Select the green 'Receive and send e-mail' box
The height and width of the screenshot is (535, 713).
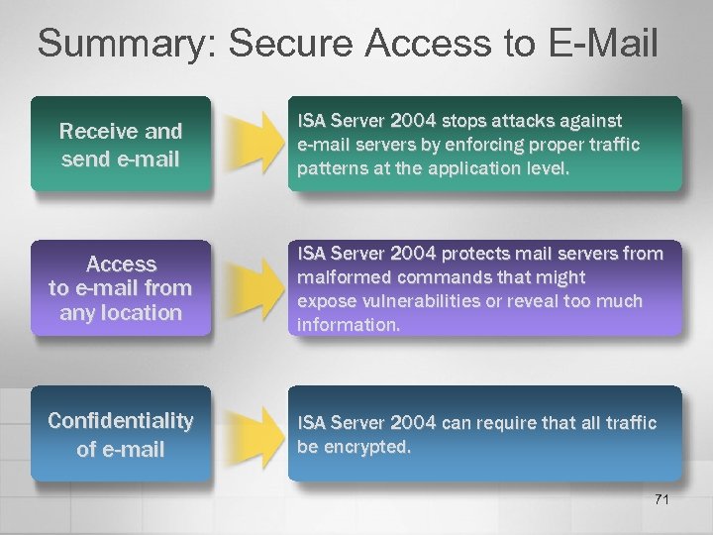[121, 144]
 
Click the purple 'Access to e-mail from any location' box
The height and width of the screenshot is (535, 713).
[121, 288]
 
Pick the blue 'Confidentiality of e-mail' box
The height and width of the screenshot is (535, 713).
[121, 435]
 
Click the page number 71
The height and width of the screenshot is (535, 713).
[662, 498]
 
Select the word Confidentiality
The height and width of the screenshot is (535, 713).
[121, 421]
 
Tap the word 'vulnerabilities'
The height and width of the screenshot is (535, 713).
[416, 300]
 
